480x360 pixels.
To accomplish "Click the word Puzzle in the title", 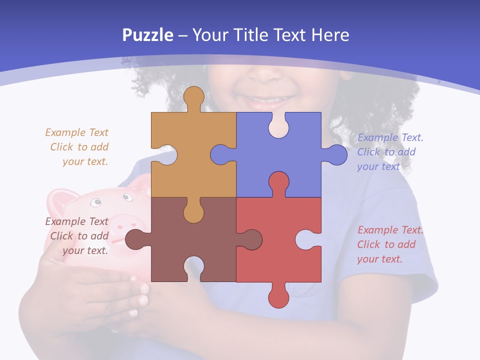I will click(x=147, y=35).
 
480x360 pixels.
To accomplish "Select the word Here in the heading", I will click(x=330, y=35).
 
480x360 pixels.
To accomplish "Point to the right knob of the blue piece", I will click(x=336, y=155).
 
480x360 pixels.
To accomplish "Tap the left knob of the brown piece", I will click(x=134, y=239).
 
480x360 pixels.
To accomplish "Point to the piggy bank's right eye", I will click(x=128, y=197).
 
